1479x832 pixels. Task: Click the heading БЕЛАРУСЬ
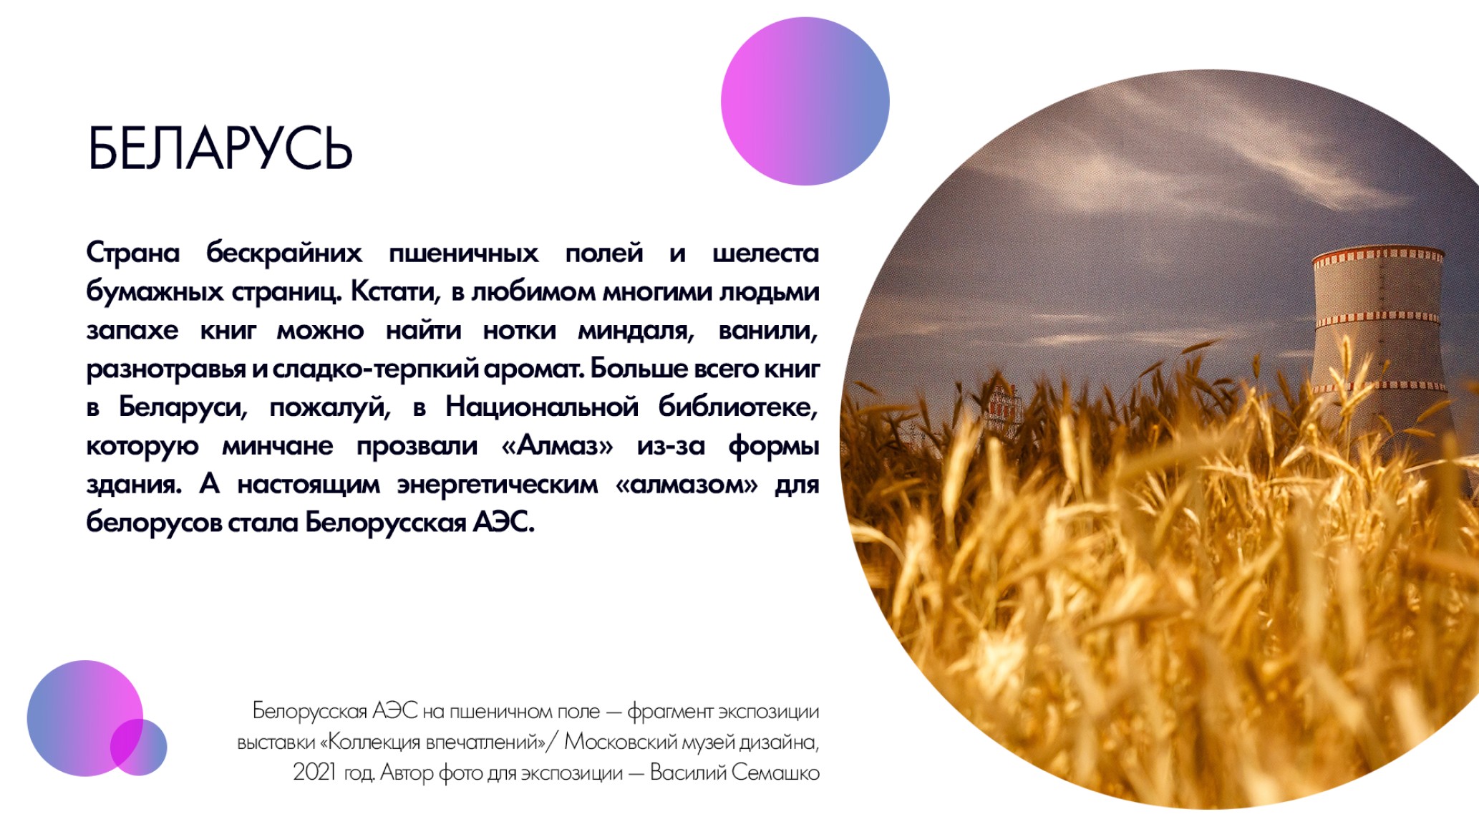click(220, 148)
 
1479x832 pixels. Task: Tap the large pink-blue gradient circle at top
click(805, 101)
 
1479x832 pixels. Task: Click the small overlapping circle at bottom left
click(139, 747)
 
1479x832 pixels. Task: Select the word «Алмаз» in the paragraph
click(557, 445)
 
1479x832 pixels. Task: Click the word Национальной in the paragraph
click(541, 407)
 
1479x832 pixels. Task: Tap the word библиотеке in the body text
click(738, 407)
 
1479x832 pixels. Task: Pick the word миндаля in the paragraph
click(636, 331)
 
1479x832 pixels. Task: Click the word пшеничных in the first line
click(463, 253)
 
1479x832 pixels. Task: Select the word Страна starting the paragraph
click(133, 253)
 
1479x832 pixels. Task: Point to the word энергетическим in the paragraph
click(498, 485)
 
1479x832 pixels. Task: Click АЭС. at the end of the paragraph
click(503, 522)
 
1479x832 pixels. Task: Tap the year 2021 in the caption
click(314, 772)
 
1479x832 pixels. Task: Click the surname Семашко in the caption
click(775, 773)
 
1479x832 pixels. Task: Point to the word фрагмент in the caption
click(670, 712)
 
